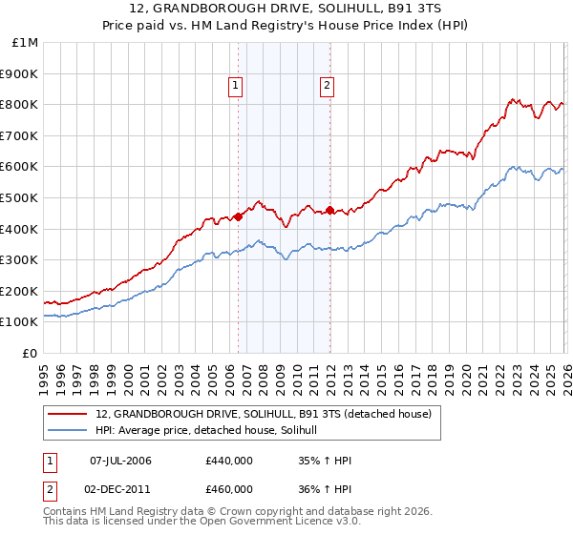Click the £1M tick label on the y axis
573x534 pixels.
26,43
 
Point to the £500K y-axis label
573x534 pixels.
21,198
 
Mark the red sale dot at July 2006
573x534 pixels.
238,216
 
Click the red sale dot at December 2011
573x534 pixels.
329,210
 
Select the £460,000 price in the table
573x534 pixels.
228,488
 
